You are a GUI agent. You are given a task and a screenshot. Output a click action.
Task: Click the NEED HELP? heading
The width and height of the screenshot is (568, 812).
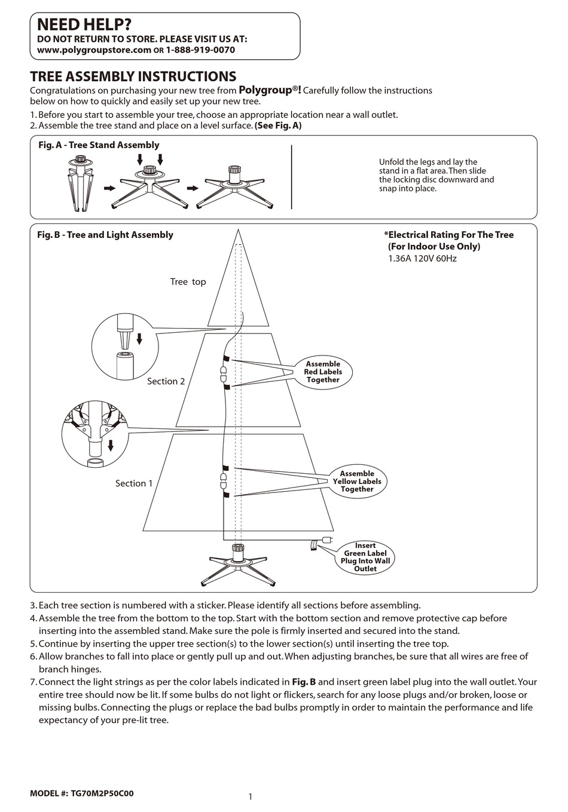coord(84,24)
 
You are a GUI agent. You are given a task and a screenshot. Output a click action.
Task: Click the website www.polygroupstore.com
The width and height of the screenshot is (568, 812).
coord(94,50)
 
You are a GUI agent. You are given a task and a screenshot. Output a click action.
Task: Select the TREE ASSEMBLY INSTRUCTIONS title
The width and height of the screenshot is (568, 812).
coord(133,76)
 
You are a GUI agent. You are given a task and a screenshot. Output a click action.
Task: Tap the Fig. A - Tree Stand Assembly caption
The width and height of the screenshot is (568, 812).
coord(99,145)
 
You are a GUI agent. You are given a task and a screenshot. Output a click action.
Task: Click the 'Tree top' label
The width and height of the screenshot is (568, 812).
coord(188,282)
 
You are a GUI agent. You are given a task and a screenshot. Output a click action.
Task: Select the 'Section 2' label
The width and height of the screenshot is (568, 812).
coord(166,381)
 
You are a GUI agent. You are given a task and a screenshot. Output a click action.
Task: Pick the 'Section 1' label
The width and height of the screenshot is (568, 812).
coord(134,483)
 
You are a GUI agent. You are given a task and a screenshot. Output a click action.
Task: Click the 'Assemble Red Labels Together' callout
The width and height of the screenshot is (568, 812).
coord(323,372)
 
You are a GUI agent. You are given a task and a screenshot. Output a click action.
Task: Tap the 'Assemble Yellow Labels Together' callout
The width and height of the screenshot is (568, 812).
coord(357,482)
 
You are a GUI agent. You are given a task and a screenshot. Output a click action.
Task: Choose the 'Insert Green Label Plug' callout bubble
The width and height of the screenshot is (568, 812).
coord(365,557)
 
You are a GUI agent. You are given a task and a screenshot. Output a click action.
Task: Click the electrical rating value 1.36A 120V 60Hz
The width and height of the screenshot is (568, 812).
coord(422,259)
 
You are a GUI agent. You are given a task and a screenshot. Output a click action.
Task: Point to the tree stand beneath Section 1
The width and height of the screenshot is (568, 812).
coord(237,565)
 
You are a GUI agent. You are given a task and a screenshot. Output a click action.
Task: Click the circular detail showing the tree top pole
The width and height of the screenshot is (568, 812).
coord(124,347)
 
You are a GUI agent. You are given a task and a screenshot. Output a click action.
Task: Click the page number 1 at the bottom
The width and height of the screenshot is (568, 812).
coord(250,796)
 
